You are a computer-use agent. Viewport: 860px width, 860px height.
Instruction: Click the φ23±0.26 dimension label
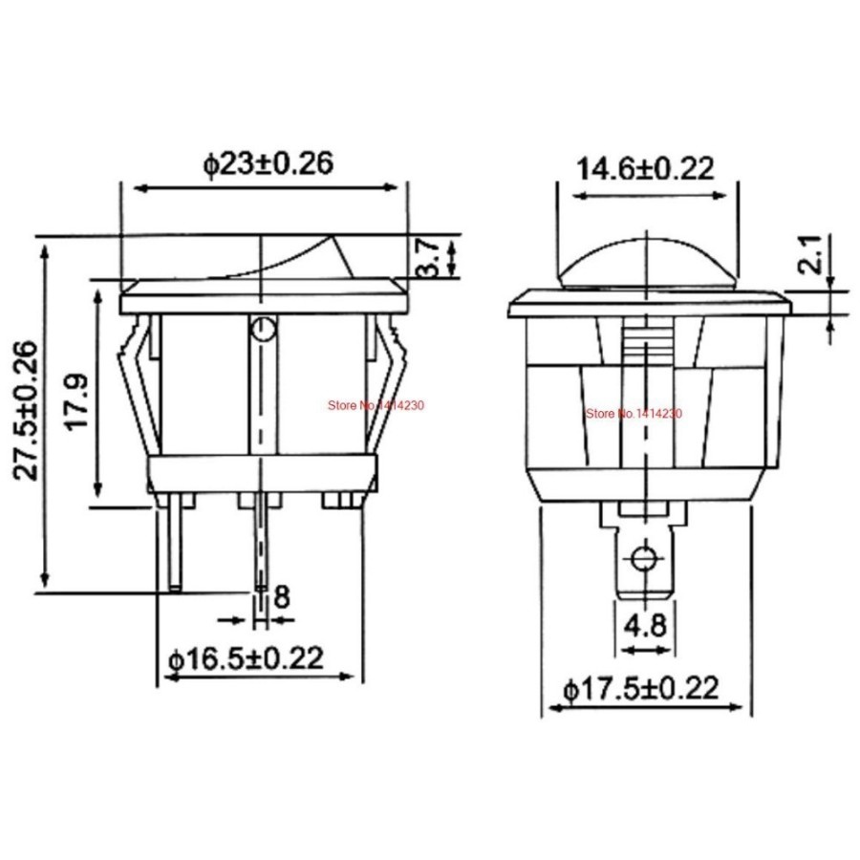[x=268, y=164]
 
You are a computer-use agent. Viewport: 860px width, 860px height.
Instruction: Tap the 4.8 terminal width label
[x=646, y=627]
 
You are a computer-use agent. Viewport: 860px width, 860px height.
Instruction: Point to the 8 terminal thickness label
[x=282, y=597]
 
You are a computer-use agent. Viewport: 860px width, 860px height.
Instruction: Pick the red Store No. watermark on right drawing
[x=634, y=413]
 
